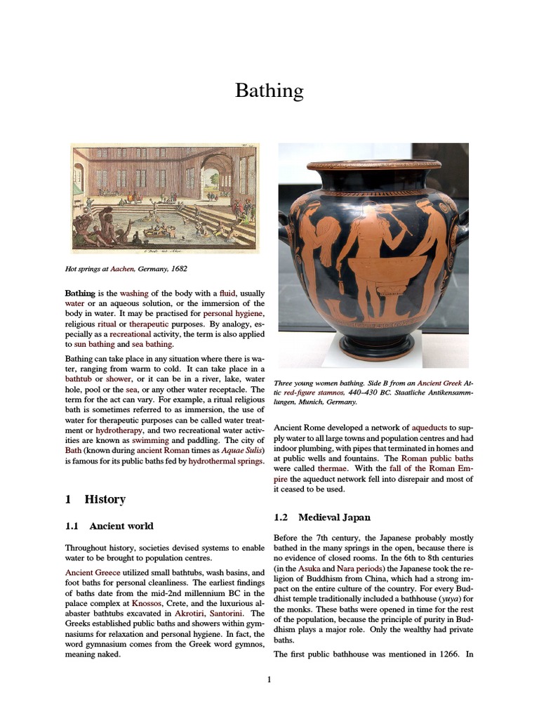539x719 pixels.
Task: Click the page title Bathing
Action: (x=269, y=91)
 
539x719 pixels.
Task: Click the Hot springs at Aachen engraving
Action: (x=165, y=199)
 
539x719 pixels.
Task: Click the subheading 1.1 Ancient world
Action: (x=109, y=525)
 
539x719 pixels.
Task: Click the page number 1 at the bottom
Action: (x=269, y=679)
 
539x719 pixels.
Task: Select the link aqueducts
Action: (x=433, y=428)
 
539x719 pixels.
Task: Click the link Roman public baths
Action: (x=437, y=458)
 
